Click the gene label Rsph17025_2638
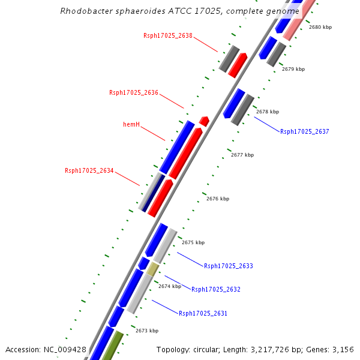click(x=168, y=35)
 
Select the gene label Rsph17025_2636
click(x=134, y=92)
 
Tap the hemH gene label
click(x=131, y=124)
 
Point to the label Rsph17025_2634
click(x=89, y=170)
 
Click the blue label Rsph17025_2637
click(x=305, y=131)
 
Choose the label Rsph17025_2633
click(x=229, y=266)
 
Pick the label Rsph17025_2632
click(x=216, y=289)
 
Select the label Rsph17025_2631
click(x=203, y=313)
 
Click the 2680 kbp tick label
click(x=320, y=27)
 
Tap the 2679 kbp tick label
click(x=293, y=69)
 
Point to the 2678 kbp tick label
click(x=268, y=112)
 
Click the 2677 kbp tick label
click(x=242, y=155)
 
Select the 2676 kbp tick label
click(x=218, y=199)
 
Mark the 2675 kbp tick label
click(x=193, y=242)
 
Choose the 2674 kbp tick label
click(x=170, y=286)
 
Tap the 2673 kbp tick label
click(x=147, y=331)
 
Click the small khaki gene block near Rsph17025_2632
click(x=153, y=269)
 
